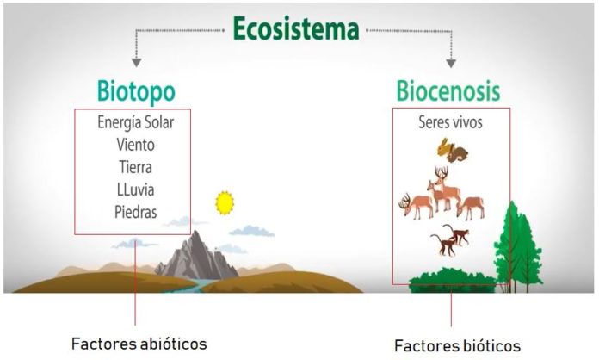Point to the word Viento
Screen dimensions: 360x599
point(135,145)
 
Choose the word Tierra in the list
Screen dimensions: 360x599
point(135,166)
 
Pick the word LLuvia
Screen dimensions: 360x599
point(135,189)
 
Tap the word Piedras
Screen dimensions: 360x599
point(135,211)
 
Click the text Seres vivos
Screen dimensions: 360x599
point(450,122)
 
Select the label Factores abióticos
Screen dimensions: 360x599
point(139,343)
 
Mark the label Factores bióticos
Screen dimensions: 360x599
point(457,345)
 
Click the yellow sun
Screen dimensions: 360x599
point(225,202)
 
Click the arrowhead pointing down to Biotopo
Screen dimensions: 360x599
point(136,62)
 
